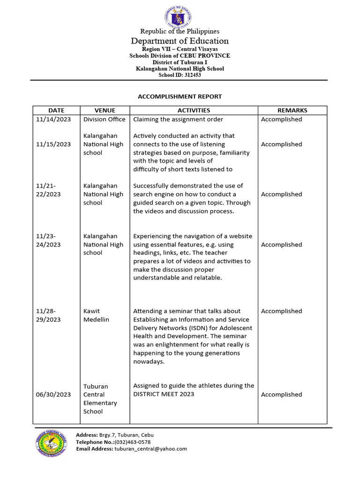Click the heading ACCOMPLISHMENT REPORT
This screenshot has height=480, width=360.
[180, 97]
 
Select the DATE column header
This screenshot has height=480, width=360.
[56, 110]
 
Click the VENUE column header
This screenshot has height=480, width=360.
[105, 110]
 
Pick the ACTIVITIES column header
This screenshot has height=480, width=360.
[194, 110]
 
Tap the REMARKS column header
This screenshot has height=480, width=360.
[292, 110]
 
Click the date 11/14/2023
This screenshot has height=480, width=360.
[53, 120]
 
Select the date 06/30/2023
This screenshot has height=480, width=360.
[53, 395]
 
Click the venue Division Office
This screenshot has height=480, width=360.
[104, 120]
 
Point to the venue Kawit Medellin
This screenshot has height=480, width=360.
[96, 315]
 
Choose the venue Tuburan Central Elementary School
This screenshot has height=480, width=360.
[100, 399]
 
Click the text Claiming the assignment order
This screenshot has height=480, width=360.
[178, 120]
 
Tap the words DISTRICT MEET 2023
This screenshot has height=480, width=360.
[164, 394]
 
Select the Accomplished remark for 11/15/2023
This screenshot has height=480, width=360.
[281, 144]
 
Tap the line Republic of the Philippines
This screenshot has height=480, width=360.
[180, 31]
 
